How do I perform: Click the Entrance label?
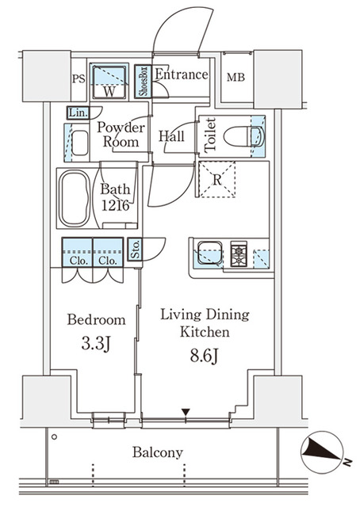pos(181,75)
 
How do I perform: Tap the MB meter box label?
pos(236,78)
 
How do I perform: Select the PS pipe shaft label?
pos(78,78)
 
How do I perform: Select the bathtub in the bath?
pos(76,196)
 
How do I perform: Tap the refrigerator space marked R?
pos(216,179)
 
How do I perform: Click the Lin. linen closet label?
pos(77,112)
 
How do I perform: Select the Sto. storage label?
pos(135,250)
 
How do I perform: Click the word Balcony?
pos(157,452)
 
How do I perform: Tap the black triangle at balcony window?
pos(186,411)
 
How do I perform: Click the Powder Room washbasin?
pos(79,143)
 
